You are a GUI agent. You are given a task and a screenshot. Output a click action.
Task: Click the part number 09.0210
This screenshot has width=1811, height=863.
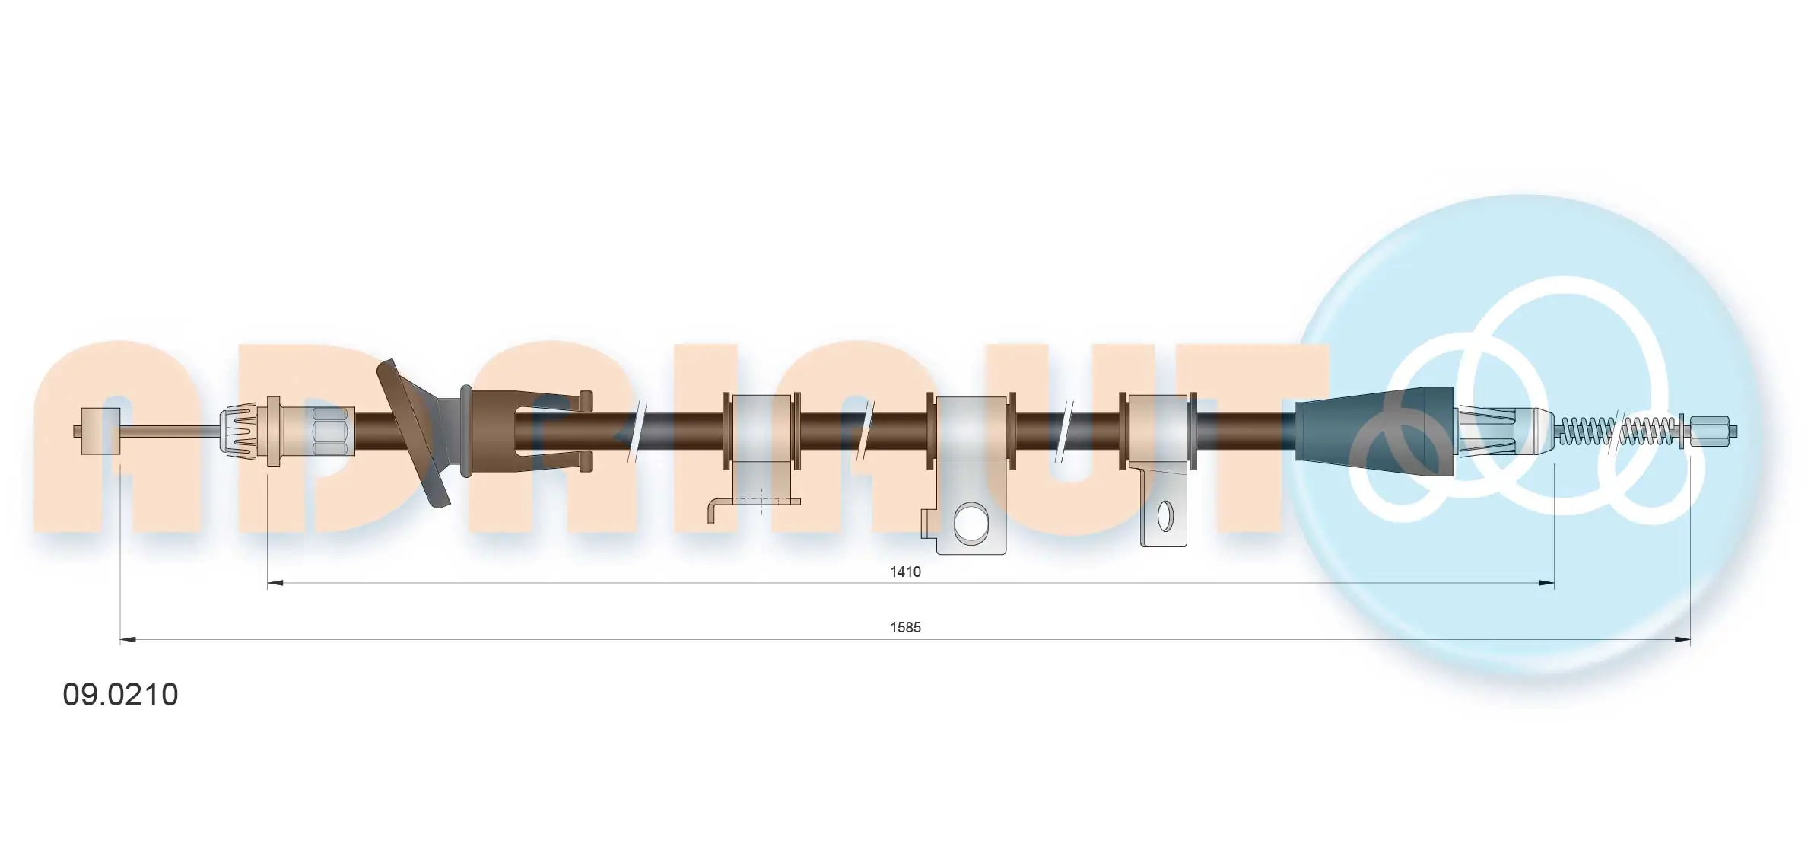point(120,694)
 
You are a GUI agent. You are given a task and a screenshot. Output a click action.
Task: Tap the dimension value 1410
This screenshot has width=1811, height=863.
point(905,572)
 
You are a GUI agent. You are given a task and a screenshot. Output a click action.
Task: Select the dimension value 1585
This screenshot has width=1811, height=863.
point(905,627)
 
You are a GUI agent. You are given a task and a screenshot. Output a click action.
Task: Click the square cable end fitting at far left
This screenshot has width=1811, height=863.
point(100,431)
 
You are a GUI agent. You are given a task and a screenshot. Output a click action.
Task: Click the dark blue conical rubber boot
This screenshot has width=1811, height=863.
point(1373,431)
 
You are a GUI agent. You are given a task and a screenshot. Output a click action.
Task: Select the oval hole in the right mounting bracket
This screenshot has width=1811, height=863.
point(1164,517)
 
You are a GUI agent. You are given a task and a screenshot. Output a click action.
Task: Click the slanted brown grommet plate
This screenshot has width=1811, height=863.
point(415,432)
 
